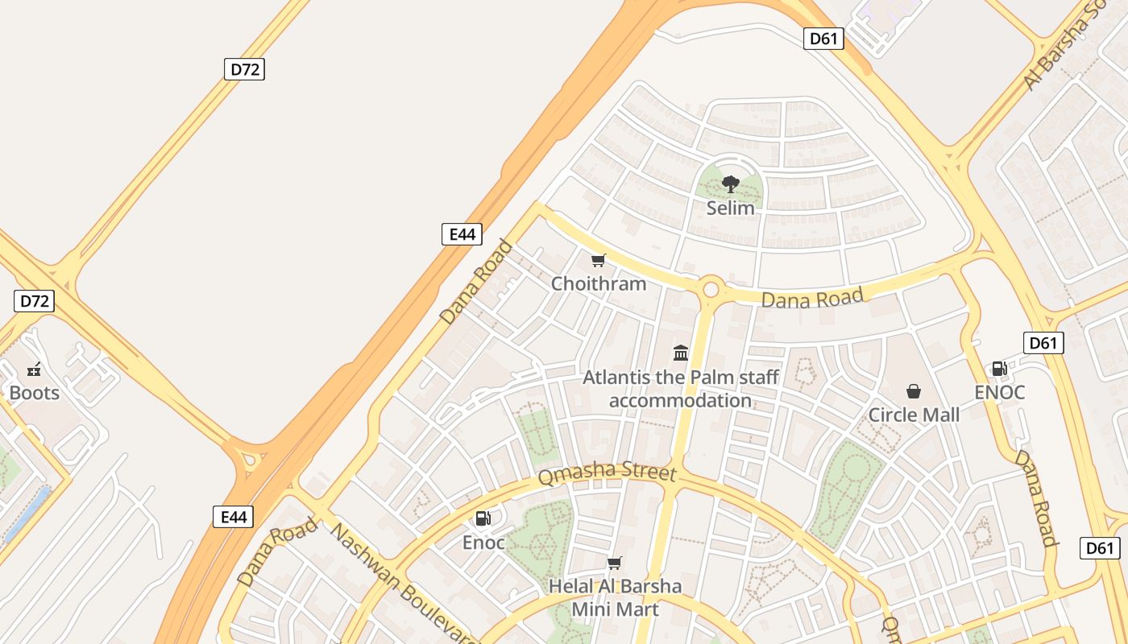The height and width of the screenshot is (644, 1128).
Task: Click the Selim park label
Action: click(x=730, y=208)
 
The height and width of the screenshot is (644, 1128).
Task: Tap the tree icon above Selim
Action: click(x=730, y=184)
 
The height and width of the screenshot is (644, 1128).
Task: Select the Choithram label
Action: click(x=599, y=283)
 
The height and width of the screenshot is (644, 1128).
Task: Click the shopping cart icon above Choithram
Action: click(x=598, y=260)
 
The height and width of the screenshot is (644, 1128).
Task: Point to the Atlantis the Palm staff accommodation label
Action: click(x=681, y=388)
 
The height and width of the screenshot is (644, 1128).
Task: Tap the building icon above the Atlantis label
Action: click(x=681, y=353)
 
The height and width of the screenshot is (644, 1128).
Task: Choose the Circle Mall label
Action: click(x=914, y=415)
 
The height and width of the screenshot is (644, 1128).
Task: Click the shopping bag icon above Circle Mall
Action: click(x=914, y=391)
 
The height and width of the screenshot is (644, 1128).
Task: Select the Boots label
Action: click(x=34, y=393)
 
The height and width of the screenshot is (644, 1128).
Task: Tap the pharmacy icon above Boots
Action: click(x=34, y=369)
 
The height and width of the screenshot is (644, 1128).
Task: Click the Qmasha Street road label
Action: click(x=607, y=473)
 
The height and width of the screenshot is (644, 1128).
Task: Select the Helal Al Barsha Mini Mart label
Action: click(x=615, y=597)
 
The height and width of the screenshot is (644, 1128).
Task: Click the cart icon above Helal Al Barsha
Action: click(x=615, y=563)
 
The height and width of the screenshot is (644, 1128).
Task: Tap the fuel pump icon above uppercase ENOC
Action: click(x=999, y=369)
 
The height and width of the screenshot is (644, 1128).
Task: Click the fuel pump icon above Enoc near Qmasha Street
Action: click(x=483, y=518)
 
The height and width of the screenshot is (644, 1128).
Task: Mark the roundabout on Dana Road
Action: click(x=711, y=289)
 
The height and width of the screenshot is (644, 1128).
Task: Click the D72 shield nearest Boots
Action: click(x=34, y=301)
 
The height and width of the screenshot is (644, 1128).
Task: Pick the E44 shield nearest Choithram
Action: click(x=462, y=234)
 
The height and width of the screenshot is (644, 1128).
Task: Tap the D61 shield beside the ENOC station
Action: click(x=1043, y=343)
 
